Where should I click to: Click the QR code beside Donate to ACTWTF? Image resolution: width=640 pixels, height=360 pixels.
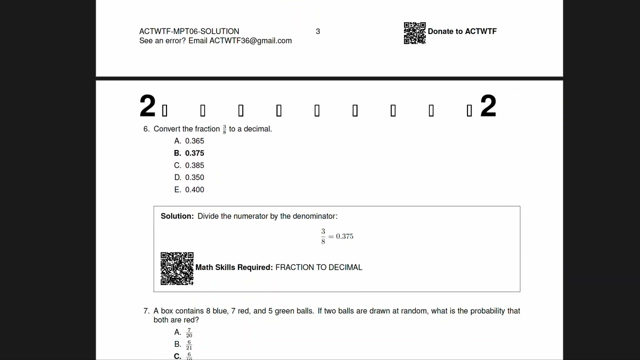pos(414,33)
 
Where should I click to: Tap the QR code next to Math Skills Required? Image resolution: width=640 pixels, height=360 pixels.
pos(177,268)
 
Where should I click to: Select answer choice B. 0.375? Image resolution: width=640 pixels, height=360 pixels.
pos(189,153)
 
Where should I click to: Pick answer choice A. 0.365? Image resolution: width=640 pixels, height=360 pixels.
pos(189,141)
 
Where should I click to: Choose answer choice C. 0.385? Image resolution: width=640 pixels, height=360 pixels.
pos(189,165)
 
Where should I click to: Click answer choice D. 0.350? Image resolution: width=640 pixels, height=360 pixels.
pos(189,177)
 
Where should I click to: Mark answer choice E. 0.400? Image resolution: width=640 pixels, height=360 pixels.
pos(189,190)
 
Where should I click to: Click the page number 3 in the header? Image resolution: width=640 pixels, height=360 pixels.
pos(317,31)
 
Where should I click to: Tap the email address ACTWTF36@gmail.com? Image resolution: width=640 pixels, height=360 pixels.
pos(250,41)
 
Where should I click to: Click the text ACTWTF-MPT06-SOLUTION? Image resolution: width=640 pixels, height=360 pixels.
pos(189,31)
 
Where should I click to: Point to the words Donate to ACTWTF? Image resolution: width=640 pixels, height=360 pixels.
pos(462,31)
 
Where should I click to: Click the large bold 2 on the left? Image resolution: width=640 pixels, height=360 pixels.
pos(147,106)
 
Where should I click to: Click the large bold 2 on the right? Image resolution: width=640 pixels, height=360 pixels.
pos(488,106)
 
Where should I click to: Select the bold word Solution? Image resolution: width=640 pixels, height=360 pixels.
pos(177,216)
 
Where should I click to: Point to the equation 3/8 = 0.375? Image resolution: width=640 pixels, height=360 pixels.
pos(337,236)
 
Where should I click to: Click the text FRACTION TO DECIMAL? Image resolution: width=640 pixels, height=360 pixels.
pos(318,267)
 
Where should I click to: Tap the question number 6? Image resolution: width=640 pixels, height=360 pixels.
pos(146,129)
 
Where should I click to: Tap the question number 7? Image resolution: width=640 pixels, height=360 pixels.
pos(146,311)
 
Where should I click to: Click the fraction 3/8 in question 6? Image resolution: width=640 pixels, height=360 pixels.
pos(224,129)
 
